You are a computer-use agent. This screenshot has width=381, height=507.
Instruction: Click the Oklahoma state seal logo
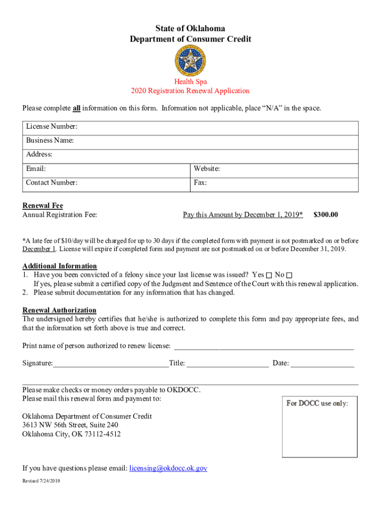(190, 60)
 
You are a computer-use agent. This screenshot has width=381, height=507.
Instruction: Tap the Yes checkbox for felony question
(269, 275)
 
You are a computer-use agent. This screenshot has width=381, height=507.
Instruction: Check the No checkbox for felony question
(289, 275)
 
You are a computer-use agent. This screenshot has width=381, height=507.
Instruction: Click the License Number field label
(52, 127)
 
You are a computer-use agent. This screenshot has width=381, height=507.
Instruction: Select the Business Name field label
(50, 141)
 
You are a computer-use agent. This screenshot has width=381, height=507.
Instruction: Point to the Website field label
(207, 169)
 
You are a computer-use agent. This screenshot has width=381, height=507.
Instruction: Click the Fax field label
(200, 183)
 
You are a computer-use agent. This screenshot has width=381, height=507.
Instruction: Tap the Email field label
(36, 169)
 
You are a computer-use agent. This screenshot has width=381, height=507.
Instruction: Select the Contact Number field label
(52, 183)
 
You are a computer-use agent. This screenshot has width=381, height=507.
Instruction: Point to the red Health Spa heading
(190, 82)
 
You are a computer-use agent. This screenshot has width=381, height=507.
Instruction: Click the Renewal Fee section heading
(43, 205)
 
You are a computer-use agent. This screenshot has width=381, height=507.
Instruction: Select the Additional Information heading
(60, 266)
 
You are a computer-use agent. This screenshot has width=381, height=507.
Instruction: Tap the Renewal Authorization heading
(59, 310)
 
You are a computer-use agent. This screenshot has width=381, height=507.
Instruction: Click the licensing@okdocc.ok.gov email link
(168, 468)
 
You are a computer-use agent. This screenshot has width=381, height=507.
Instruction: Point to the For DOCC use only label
(317, 403)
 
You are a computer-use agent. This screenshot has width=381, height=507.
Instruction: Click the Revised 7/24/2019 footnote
(41, 481)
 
